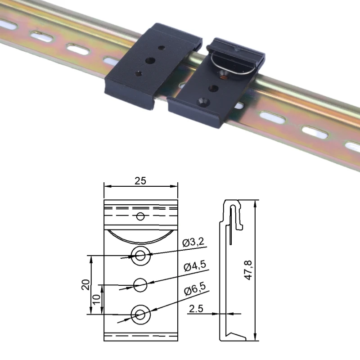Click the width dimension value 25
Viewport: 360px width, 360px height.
(140, 180)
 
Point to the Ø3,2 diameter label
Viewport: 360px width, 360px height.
(193, 243)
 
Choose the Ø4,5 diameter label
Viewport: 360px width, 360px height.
(194, 266)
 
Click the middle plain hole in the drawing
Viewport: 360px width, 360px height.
(140, 284)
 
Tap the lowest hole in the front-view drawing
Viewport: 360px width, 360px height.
(140, 314)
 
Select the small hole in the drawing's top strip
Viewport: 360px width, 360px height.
(140, 216)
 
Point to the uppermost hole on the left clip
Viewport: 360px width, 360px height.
(162, 47)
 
